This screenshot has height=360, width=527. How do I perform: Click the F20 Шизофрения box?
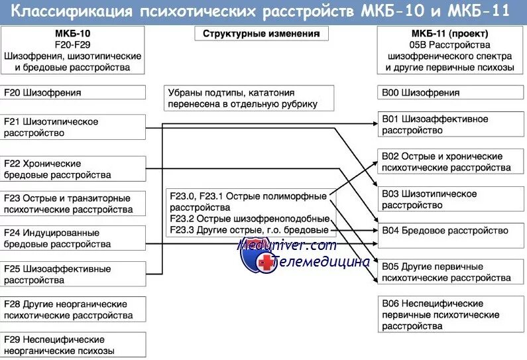tap(73, 93)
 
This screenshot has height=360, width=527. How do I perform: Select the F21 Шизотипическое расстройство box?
tap(73, 127)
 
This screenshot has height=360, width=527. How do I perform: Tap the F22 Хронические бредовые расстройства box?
tap(73, 169)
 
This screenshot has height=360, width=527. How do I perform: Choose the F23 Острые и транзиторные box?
tap(73, 204)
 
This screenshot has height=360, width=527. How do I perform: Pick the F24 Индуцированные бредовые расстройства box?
tap(73, 239)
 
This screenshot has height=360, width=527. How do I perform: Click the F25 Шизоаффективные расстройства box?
tap(73, 274)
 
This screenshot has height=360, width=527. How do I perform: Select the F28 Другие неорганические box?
tap(73, 310)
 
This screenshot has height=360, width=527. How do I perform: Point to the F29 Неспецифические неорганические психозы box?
tap(73, 345)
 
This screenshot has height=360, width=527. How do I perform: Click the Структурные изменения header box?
tap(261, 34)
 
